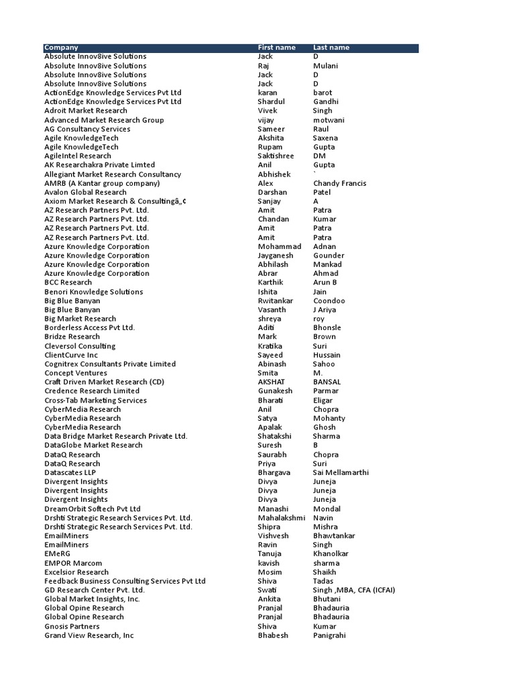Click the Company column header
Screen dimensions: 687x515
[61, 48]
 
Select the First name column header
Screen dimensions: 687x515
[276, 48]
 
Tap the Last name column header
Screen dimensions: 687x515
[331, 48]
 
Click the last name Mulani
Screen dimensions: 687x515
[325, 66]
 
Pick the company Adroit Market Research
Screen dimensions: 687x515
[85, 111]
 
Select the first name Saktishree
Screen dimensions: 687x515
[276, 156]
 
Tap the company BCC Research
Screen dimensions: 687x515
[68, 282]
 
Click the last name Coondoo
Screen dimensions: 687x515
[329, 301]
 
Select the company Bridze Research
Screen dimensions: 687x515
[72, 337]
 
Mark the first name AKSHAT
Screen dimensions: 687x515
[273, 382]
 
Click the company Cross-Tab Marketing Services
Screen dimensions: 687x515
[95, 400]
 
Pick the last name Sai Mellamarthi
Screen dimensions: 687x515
[341, 472]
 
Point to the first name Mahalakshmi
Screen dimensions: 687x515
[282, 518]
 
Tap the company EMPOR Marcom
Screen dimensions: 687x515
[73, 563]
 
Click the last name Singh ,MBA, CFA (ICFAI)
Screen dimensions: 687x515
[354, 590]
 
